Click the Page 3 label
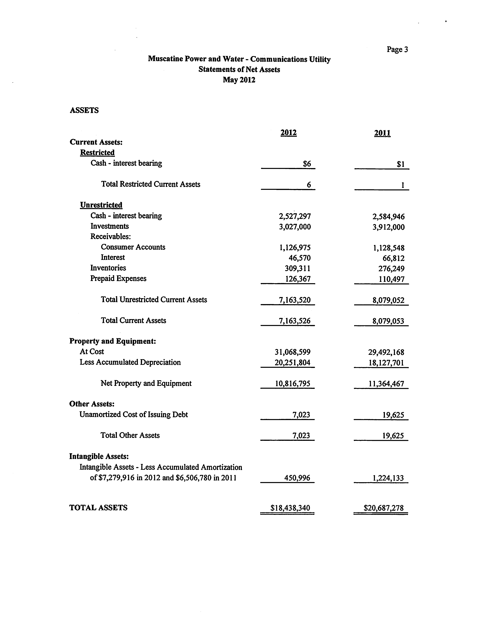[x=397, y=50]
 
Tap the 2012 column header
[x=288, y=133]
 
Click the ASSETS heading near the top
[x=84, y=110]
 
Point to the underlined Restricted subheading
[x=97, y=153]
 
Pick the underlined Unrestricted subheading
[x=101, y=205]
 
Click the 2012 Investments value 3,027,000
[x=295, y=227]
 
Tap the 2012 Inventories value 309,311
[x=298, y=268]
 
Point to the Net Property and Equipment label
[x=146, y=383]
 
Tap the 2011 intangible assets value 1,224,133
[x=388, y=478]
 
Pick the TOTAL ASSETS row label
[x=98, y=508]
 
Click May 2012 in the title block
[x=239, y=80]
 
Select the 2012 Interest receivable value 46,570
[x=300, y=258]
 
